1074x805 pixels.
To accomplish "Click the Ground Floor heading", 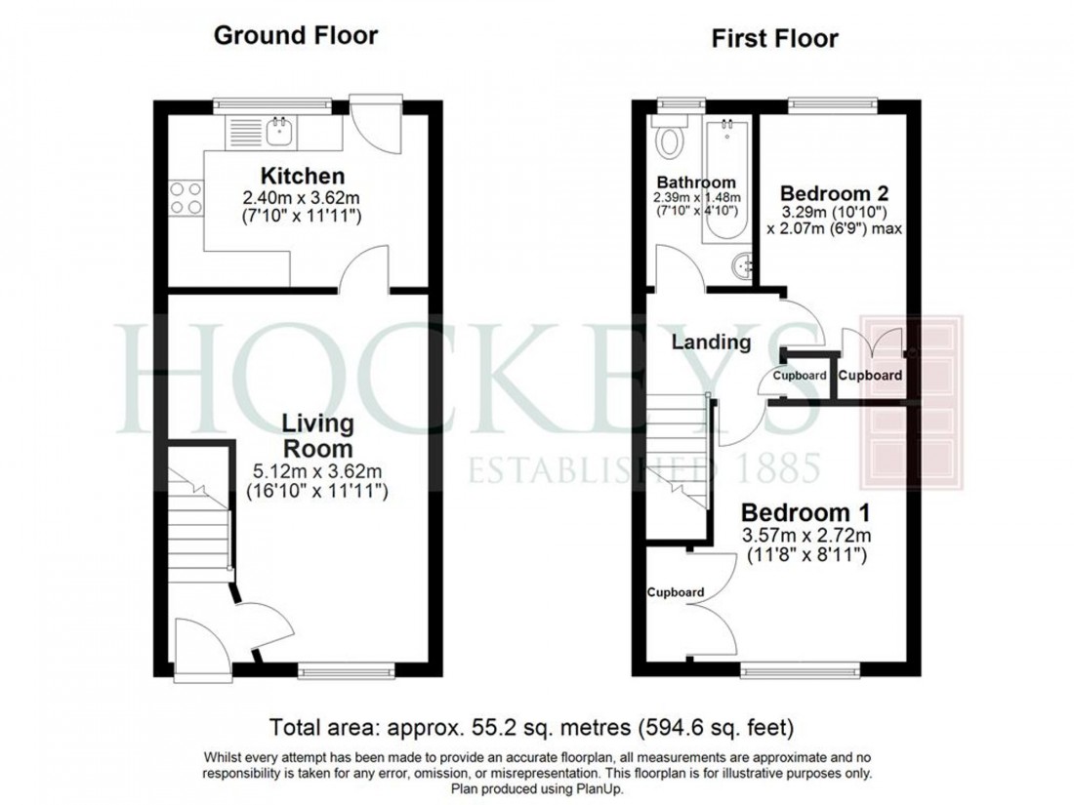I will click(x=295, y=37).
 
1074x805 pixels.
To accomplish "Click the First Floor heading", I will click(x=774, y=39).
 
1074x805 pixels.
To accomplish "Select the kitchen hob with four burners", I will click(x=186, y=198).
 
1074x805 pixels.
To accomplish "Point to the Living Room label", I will click(x=317, y=436).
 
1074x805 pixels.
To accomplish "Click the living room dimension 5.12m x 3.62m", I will click(x=317, y=471).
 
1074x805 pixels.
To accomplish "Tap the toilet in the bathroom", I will click(x=670, y=141).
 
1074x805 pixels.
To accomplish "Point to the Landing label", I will click(x=711, y=342).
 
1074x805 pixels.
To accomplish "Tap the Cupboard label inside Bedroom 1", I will click(x=676, y=592).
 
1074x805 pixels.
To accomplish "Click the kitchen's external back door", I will click(x=376, y=127).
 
